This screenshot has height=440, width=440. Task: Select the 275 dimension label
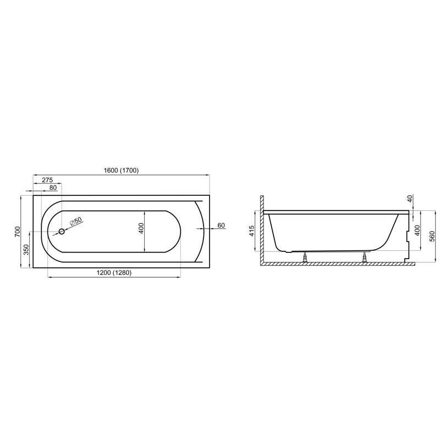[47, 180]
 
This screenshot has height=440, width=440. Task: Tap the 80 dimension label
[53, 188]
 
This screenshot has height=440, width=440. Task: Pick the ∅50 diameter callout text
[76, 221]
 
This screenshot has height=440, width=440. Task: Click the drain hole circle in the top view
[62, 231]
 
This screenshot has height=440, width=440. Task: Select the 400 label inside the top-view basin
[141, 228]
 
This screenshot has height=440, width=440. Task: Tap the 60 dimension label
[221, 226]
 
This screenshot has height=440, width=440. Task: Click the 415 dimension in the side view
[251, 232]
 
